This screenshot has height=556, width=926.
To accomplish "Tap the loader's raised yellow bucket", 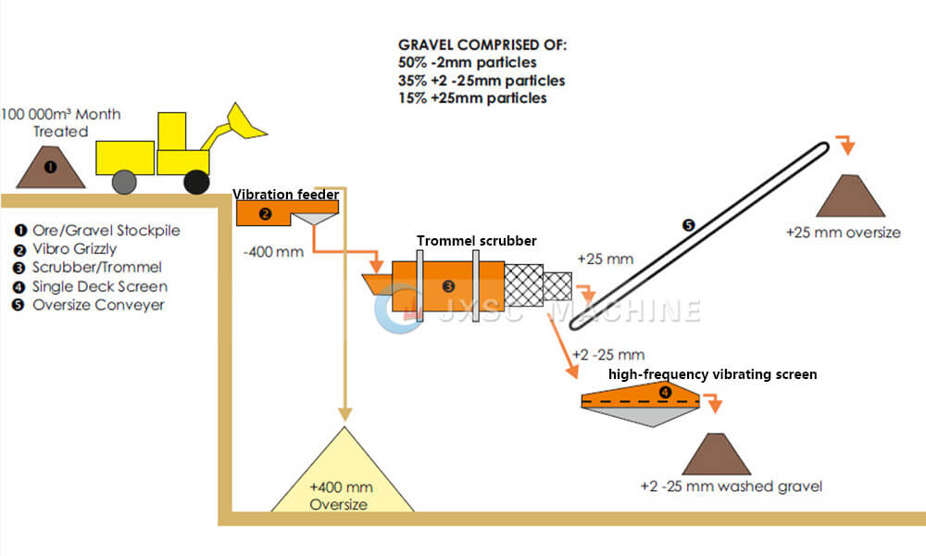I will pyautogui.click(x=245, y=124).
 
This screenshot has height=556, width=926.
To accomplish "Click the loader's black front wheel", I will pyautogui.click(x=195, y=182).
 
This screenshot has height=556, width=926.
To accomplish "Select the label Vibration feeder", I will pyautogui.click(x=284, y=195).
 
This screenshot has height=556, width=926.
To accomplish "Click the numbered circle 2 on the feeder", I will pyautogui.click(x=265, y=214).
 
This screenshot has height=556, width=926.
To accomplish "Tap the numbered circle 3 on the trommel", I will pyautogui.click(x=448, y=285).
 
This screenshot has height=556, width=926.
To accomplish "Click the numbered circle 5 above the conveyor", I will pyautogui.click(x=687, y=225).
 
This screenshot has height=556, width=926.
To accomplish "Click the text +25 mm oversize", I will pyautogui.click(x=843, y=232).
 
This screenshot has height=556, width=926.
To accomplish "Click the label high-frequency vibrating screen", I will pyautogui.click(x=712, y=374).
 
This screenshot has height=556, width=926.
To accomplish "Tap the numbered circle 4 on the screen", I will pyautogui.click(x=664, y=392).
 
